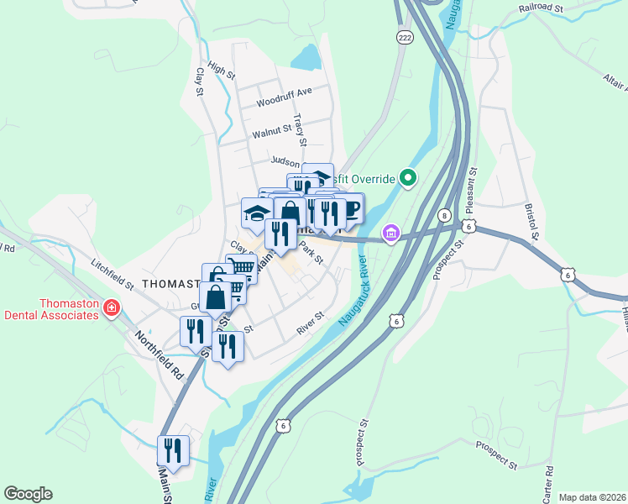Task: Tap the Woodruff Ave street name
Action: pos(284,91)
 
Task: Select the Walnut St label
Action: pos(271,131)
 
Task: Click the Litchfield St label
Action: pos(113,275)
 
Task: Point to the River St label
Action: pos(310,324)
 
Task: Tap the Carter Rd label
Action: pos(550,480)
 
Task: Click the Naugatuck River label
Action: pos(354,295)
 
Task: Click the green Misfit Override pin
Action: pos(408,178)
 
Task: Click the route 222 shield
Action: pos(406,39)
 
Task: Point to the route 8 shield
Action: pos(442,216)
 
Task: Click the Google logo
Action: pos(28,494)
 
